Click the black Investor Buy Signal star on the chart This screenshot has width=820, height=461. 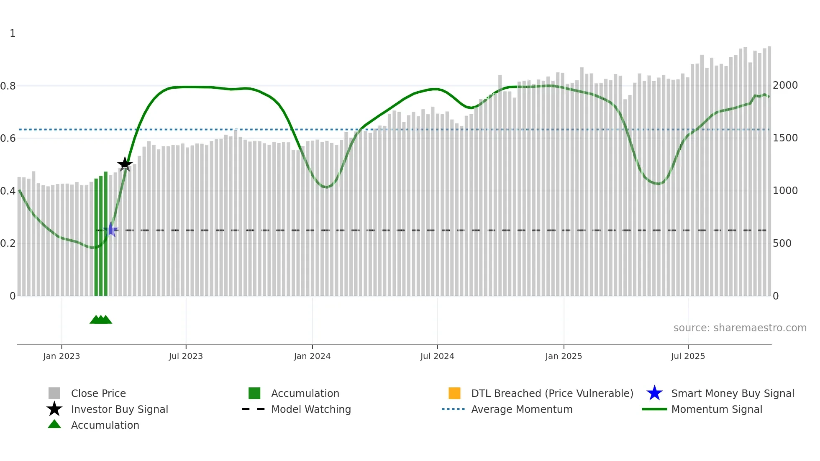(x=125, y=164)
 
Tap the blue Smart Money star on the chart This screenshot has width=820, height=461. (x=110, y=230)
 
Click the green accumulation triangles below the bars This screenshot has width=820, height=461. (x=101, y=320)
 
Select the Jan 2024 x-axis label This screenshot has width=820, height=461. (x=312, y=356)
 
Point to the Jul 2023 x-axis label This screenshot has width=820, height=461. (x=186, y=356)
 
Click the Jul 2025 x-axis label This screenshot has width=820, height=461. (x=688, y=356)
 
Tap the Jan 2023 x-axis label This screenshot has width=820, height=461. (x=61, y=356)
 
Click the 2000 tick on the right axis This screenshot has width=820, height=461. (x=785, y=85)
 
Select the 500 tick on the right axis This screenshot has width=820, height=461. (x=782, y=243)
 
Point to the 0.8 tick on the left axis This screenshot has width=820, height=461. (x=8, y=86)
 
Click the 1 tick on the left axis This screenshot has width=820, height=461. (x=13, y=33)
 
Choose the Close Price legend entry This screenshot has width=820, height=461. (x=98, y=393)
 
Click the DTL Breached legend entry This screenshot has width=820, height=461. (x=552, y=393)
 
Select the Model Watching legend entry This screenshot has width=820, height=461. (x=311, y=409)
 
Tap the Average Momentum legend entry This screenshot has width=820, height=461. (x=522, y=409)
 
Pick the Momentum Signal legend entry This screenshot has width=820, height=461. (x=717, y=409)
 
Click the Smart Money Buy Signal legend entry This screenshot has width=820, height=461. (x=733, y=393)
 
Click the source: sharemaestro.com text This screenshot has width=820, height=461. (x=740, y=328)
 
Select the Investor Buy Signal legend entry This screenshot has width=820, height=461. (x=119, y=409)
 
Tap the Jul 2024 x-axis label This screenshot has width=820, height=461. (x=437, y=356)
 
